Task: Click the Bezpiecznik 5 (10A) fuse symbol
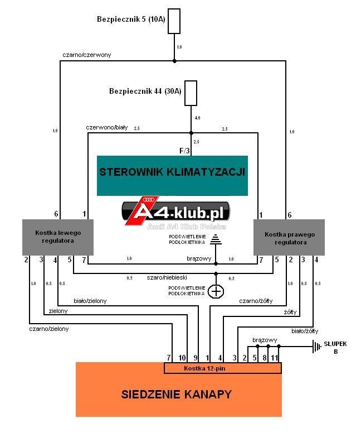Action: coord(174,21)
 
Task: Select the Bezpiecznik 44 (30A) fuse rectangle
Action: coord(191,93)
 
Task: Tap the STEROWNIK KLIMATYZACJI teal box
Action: coord(172,176)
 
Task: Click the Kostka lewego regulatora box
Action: coord(58,237)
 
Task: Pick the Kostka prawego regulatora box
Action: coord(289,237)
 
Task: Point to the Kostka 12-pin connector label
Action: coord(204,368)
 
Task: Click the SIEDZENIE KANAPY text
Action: coord(176,394)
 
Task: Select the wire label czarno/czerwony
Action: coord(87,55)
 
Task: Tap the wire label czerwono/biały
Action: coord(107,127)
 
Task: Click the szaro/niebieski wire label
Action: coord(167,277)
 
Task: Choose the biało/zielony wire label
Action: coord(90,301)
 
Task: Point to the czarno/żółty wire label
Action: coord(256,301)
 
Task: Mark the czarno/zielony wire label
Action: coord(49,329)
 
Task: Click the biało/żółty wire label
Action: coord(305,331)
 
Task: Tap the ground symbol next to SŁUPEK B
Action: coord(316,347)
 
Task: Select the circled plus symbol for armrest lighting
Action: coord(216,291)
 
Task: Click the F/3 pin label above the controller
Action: coord(184,151)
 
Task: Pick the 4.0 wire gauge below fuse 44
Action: coord(197,118)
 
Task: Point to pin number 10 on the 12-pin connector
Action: coord(182,358)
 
